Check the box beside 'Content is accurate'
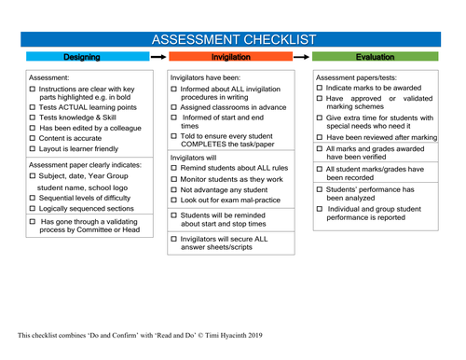point(33,137)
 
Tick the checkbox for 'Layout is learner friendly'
point(33,149)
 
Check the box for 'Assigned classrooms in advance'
point(175,107)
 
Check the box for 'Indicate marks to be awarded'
point(321,88)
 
